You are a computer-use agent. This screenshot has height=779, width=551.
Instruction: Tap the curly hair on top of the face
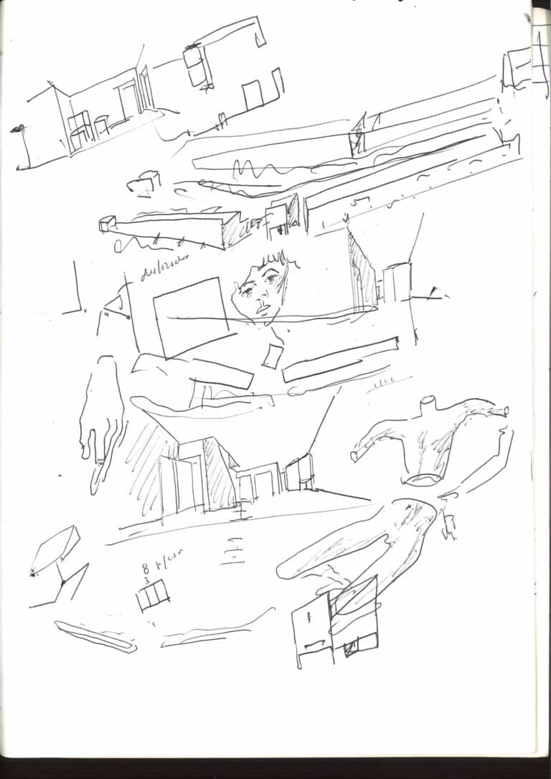pos(273,260)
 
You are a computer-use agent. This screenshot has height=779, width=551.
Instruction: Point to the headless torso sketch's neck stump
pos(429,403)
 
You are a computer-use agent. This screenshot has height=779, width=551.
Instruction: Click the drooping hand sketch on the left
pos(100,423)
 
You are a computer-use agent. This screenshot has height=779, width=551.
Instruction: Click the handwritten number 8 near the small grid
pos(146,570)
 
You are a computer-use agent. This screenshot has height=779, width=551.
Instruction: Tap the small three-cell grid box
pos(153,595)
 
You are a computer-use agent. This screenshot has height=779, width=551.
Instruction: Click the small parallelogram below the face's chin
pos(272,356)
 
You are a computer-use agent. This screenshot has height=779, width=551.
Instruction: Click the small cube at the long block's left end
pos(108,225)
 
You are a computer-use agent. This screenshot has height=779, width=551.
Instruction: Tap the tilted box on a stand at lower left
pos(55,549)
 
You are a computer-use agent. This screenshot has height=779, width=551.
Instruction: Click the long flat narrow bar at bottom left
pos(95,636)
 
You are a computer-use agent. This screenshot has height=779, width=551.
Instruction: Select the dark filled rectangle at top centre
pos(194,57)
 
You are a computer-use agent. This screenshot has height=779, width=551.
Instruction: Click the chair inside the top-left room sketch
pos(80,129)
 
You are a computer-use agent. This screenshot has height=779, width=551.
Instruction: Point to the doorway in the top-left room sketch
pos(130,100)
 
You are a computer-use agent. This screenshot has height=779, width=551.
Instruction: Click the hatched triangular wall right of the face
pos(362,276)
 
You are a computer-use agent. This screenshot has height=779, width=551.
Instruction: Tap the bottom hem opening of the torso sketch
pos(423,479)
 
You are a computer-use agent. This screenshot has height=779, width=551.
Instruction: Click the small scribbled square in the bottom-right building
pos(352,649)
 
